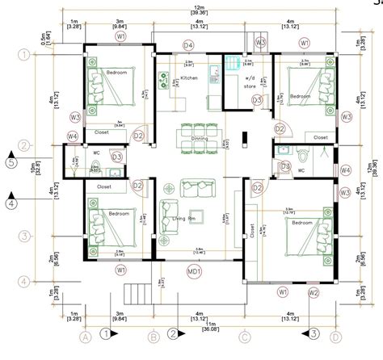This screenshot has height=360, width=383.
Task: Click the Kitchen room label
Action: (189, 78)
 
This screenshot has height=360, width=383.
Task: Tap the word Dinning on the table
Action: (199, 138)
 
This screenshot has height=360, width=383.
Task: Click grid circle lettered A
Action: (83, 337)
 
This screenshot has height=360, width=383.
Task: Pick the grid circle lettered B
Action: (152, 337)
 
